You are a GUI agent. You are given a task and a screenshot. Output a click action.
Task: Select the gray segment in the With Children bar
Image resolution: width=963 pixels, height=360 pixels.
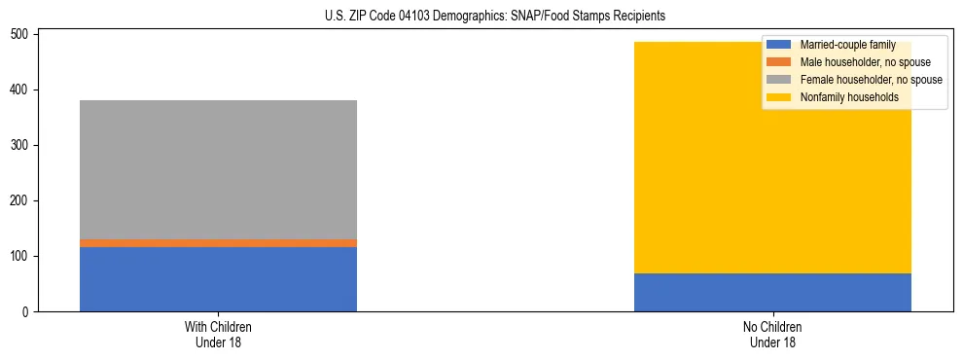[x=218, y=169]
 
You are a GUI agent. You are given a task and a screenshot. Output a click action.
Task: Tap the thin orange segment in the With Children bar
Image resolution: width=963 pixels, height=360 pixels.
[x=218, y=243]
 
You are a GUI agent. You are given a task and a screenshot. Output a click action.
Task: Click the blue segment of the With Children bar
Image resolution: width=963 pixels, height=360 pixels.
[x=218, y=279]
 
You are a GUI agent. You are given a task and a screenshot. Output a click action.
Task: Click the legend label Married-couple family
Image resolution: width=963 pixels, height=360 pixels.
[x=847, y=45]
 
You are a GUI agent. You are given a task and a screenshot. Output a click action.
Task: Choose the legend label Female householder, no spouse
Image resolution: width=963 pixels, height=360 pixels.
[x=871, y=80]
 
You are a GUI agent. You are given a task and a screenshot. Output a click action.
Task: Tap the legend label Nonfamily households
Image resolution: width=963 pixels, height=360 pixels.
[x=848, y=97]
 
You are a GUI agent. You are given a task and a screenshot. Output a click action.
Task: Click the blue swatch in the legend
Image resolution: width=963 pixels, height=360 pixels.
[x=779, y=45]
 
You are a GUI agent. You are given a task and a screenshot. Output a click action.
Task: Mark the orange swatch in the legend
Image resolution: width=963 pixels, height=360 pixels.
[x=779, y=62]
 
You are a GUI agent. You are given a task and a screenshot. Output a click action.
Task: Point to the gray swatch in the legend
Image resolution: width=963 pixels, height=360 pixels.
[x=779, y=80]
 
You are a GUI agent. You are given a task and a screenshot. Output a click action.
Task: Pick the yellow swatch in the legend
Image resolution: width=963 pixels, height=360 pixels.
[x=779, y=97]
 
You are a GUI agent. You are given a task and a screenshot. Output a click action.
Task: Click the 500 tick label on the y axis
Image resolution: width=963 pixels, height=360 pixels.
[x=19, y=34]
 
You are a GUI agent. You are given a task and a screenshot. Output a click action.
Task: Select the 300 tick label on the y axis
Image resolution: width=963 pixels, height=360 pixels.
[x=19, y=145]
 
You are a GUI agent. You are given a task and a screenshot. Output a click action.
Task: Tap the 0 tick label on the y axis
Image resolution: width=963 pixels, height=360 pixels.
[x=26, y=312]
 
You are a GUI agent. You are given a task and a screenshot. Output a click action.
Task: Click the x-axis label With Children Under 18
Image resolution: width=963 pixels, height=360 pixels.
[x=218, y=334]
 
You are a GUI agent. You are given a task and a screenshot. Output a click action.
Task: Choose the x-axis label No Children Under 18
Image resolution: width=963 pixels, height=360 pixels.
[x=772, y=334]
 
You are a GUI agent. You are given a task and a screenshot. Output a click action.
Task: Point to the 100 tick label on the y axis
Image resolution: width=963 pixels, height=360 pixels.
[x=19, y=257]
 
